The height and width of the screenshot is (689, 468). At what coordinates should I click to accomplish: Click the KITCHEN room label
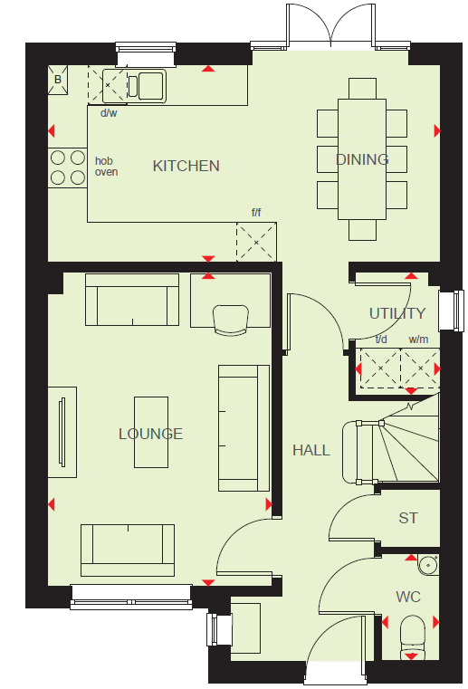(186, 166)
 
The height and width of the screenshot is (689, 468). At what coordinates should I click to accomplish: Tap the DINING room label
(362, 159)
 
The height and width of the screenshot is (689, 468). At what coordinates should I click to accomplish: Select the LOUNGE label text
(150, 435)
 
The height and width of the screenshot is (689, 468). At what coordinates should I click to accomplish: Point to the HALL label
(311, 450)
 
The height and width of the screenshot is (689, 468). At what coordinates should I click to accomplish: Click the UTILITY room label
(397, 314)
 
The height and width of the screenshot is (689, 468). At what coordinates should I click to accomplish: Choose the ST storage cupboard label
(408, 519)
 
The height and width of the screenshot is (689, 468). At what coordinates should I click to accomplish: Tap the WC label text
(408, 598)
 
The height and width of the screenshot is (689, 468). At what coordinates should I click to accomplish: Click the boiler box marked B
(58, 80)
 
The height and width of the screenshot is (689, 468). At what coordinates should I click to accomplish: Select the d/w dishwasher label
(109, 113)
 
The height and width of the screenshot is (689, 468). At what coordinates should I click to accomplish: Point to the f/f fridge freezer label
(256, 213)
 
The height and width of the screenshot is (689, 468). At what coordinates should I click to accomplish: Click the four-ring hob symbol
(68, 167)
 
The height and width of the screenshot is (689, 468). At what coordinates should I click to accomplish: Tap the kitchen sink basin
(147, 86)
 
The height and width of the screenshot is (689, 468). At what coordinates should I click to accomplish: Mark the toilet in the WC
(413, 637)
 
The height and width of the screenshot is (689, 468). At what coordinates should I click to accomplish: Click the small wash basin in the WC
(427, 564)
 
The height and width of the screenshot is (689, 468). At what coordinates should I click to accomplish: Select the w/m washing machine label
(418, 340)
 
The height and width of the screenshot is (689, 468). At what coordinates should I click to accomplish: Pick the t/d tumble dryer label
(381, 340)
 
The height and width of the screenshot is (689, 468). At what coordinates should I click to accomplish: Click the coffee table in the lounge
(151, 433)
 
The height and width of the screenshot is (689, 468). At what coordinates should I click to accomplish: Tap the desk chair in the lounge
(230, 321)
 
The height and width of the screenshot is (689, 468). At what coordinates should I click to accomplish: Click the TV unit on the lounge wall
(62, 433)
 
